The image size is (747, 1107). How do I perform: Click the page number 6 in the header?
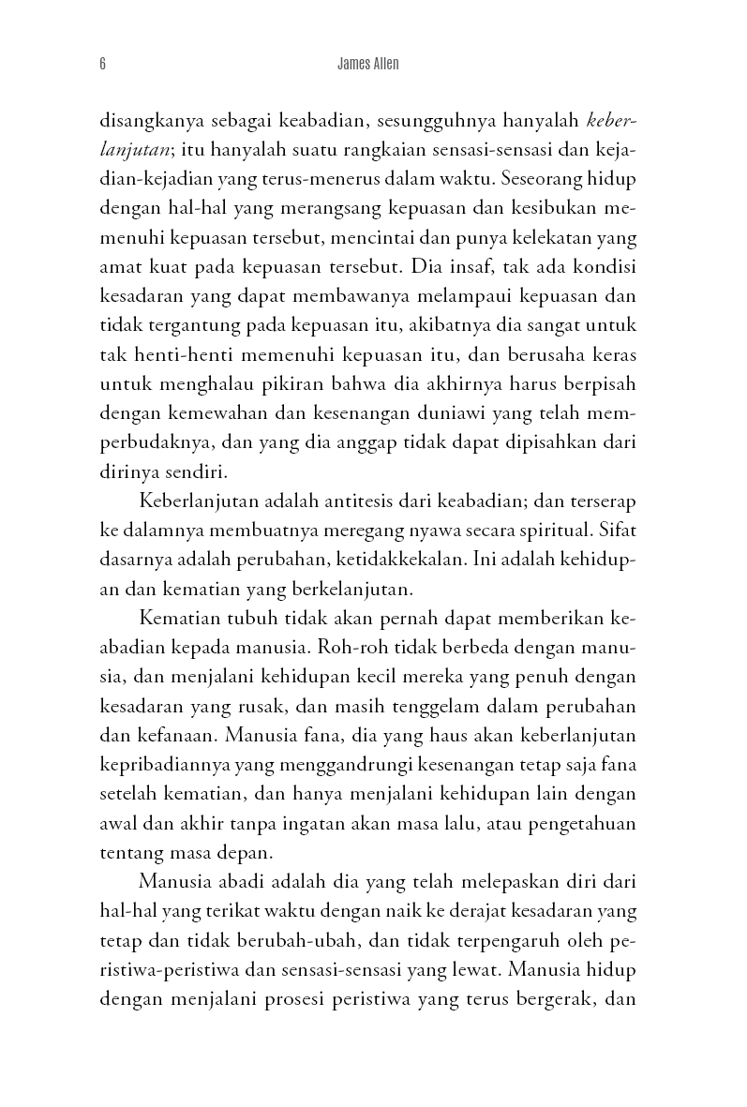(101, 66)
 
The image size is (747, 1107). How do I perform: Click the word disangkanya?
(150, 121)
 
